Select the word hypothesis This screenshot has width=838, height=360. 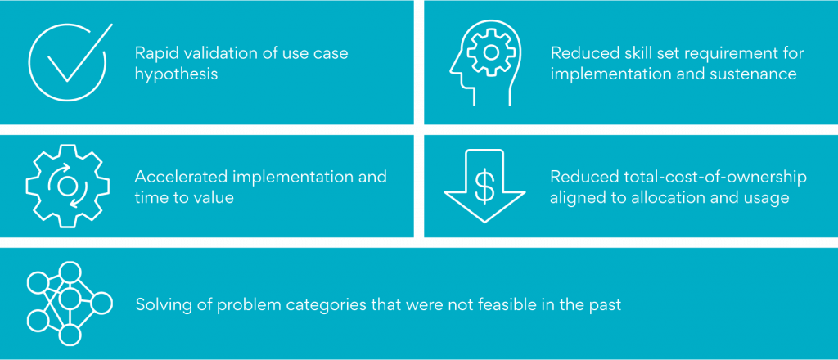pos(177,74)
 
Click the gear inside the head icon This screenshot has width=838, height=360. pos(491,52)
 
